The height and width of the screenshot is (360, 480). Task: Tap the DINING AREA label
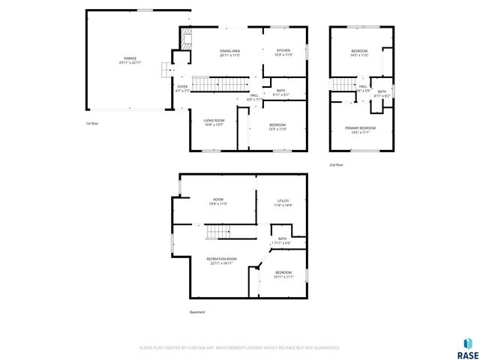pos(230,53)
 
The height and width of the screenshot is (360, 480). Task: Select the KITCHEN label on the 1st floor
pos(283,53)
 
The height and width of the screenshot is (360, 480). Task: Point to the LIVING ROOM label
pos(214,122)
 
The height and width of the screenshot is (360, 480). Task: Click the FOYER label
pos(182,88)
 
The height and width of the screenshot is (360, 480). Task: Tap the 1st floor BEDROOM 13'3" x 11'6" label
pos(277,127)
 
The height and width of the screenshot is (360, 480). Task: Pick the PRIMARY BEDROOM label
pos(360,130)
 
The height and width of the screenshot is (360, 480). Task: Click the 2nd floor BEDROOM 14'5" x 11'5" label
pos(360,53)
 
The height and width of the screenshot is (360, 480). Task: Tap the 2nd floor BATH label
pos(382,94)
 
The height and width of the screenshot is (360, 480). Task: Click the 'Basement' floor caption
pos(196,312)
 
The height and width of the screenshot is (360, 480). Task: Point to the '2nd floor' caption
pos(336,164)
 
